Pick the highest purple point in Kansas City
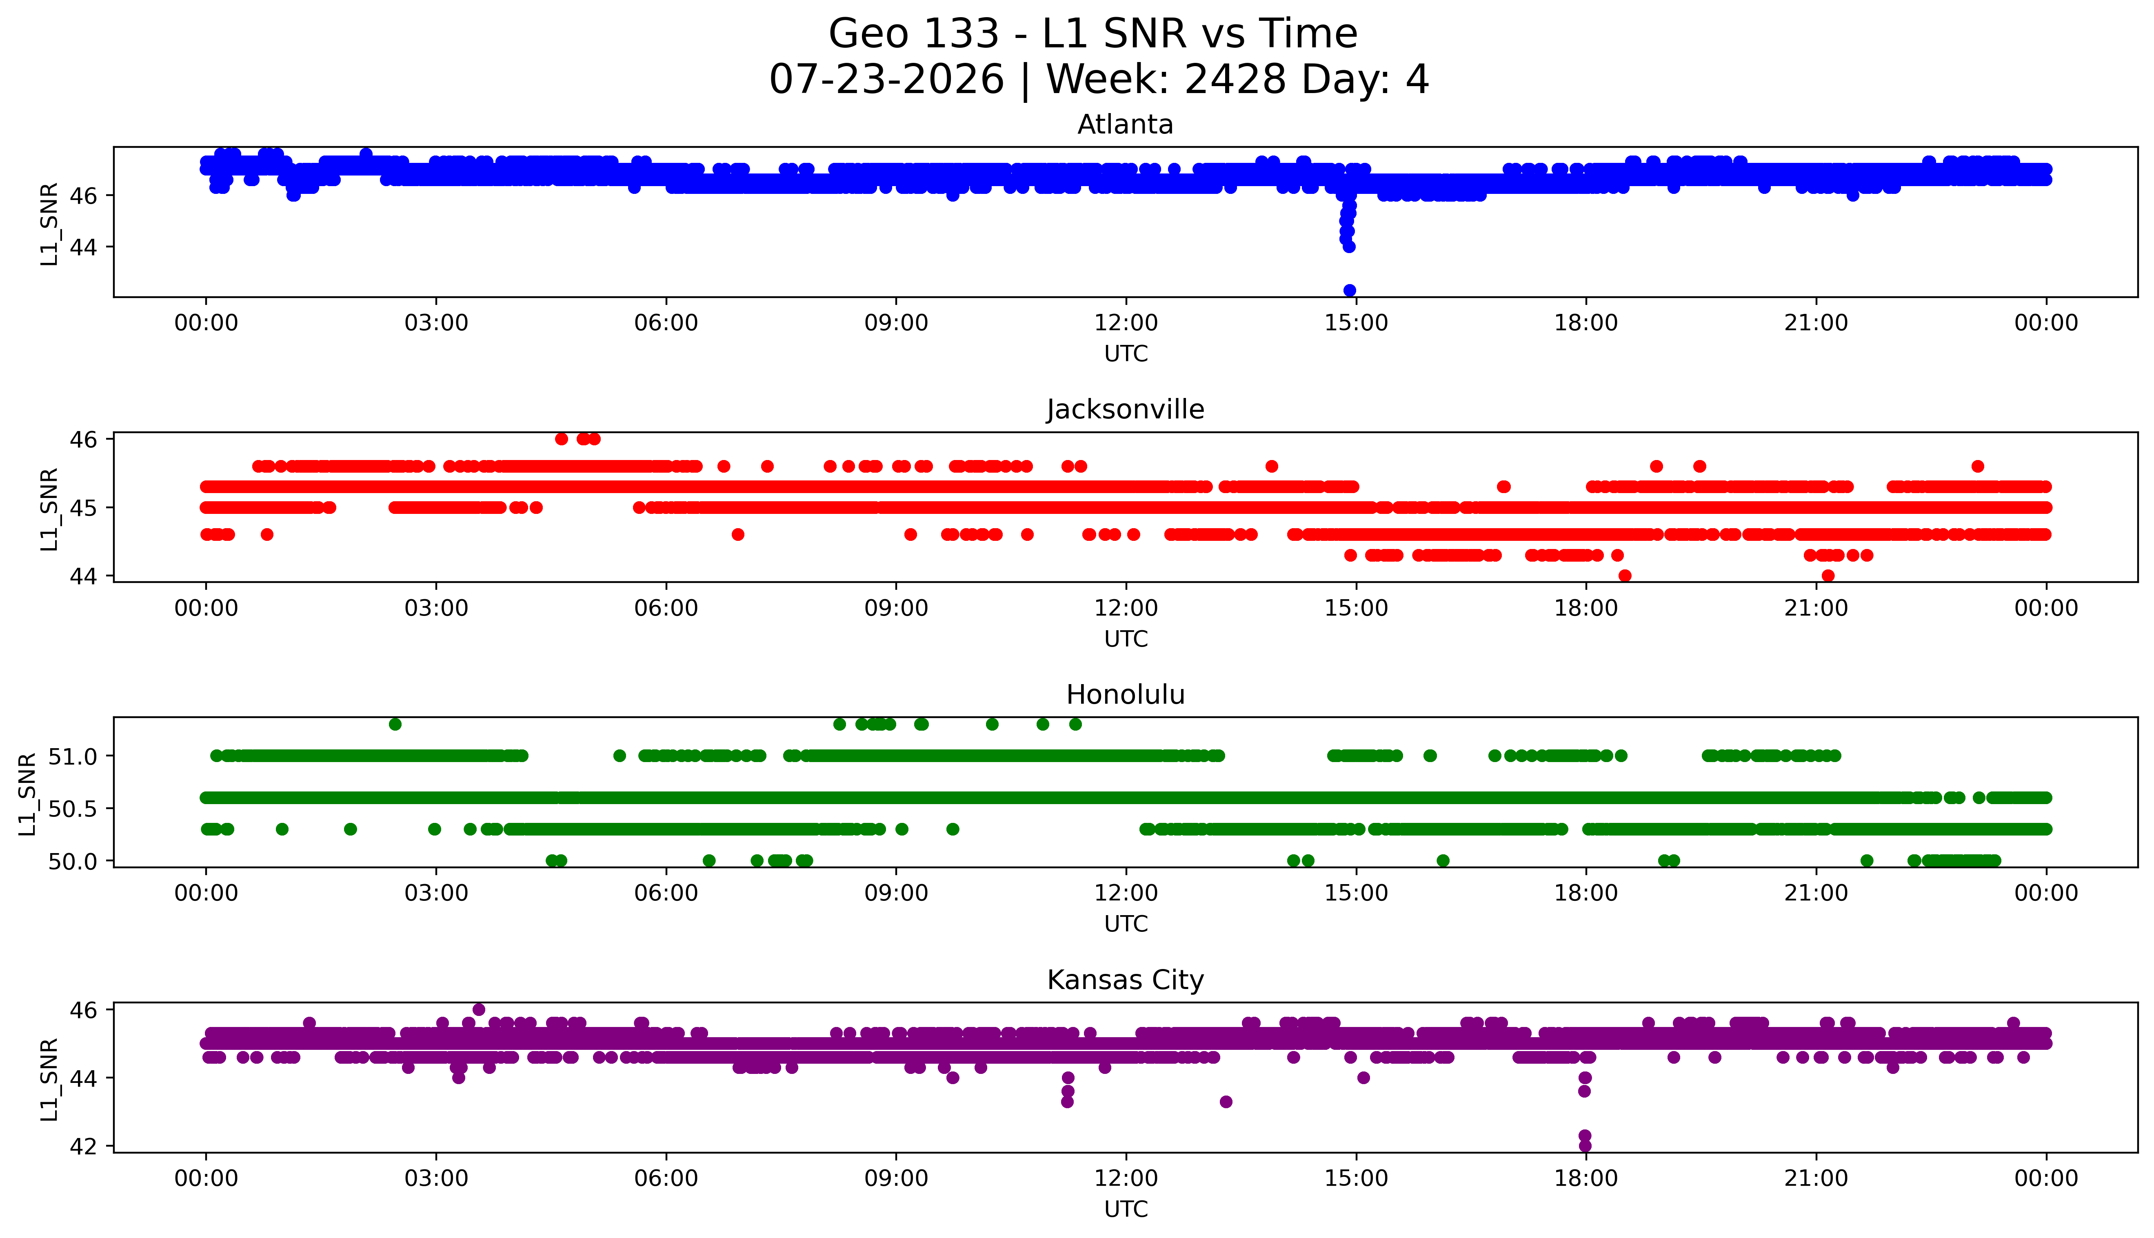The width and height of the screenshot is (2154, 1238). (479, 1009)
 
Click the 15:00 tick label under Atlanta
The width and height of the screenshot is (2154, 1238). (1356, 323)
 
